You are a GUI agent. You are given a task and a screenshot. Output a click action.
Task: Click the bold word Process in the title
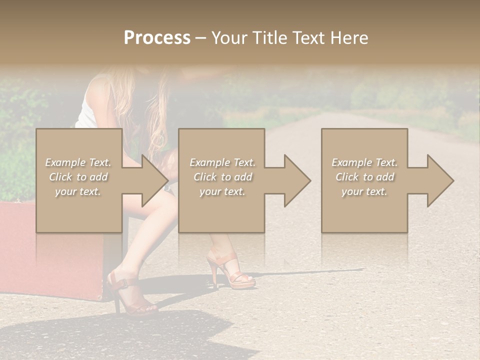click(157, 38)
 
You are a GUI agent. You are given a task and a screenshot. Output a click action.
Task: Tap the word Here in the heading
click(349, 38)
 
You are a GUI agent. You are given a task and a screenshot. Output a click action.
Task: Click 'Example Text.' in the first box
click(78, 162)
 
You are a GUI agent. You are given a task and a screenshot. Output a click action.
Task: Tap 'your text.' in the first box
click(78, 191)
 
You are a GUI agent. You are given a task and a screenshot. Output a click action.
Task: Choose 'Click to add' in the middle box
click(222, 177)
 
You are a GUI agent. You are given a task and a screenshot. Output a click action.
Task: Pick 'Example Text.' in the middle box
click(222, 162)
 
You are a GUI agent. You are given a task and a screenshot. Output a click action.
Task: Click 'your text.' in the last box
click(364, 191)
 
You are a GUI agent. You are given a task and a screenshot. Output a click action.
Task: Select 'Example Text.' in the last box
click(364, 162)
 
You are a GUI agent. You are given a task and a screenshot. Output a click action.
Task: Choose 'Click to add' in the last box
click(364, 177)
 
